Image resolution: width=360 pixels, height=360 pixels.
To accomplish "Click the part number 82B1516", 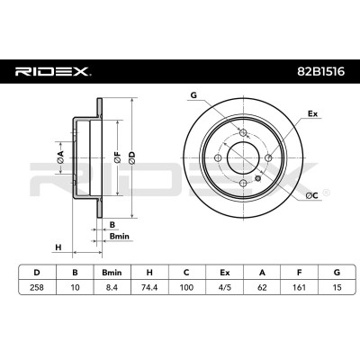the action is pos(320,72).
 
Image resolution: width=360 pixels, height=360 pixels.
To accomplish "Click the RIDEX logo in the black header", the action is pos(51,72).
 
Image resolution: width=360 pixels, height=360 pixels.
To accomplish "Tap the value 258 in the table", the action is pos(37,287).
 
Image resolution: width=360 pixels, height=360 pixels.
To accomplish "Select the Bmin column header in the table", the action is pos(112,273).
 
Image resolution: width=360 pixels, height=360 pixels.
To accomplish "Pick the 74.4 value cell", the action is pos(149,287).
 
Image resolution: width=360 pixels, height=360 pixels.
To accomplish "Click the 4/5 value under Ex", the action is pos(224,287).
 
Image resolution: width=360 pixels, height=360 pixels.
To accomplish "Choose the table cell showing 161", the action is pos(299,287).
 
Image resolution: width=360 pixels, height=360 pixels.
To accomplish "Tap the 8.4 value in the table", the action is pos(112,287).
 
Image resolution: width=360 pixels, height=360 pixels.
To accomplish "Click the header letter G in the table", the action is pos(337,273).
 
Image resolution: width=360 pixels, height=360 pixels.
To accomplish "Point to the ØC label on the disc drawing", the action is pos(311,196).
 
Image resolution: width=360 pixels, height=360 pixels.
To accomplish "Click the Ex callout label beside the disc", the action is pos(313,113).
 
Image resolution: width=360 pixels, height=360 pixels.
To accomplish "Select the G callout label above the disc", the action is pos(193,95).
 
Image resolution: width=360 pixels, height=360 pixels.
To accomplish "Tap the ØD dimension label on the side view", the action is pos(132,158).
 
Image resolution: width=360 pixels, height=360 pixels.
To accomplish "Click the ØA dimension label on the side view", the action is pos(60,157).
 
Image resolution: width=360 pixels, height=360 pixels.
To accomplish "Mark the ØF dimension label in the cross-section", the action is pos(117,158).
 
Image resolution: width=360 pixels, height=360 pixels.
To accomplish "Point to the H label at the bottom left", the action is pos(58,247).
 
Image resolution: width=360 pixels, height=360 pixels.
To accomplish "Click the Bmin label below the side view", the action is pos(120,237).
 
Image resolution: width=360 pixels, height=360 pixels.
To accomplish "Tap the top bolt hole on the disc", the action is pos(243,132).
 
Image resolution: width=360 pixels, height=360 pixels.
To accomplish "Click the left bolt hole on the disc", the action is pos(218,157).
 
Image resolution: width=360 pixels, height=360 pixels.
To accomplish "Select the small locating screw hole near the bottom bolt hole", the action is pos(257,178).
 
